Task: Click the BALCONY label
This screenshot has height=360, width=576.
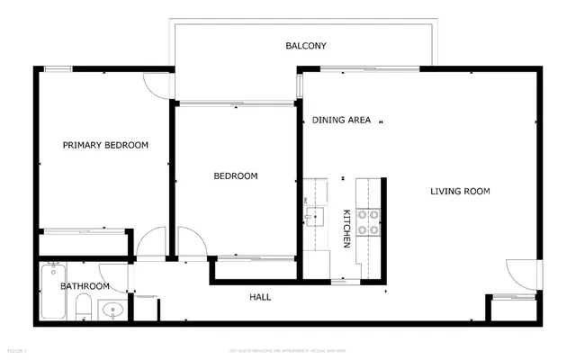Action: click(305, 46)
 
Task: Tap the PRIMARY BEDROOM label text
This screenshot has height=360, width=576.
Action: click(105, 145)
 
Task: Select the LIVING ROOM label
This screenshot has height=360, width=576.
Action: click(459, 191)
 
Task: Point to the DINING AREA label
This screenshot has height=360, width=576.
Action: click(342, 120)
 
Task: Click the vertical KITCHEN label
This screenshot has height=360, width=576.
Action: click(346, 229)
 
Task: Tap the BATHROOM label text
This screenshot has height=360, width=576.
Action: click(85, 286)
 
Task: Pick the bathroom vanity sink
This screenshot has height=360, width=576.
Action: click(112, 310)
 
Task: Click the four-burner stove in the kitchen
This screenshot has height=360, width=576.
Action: click(368, 221)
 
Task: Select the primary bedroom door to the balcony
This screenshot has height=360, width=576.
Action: click(158, 84)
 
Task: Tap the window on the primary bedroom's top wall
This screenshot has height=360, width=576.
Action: click(59, 68)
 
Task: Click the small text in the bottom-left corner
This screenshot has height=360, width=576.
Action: click(17, 348)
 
